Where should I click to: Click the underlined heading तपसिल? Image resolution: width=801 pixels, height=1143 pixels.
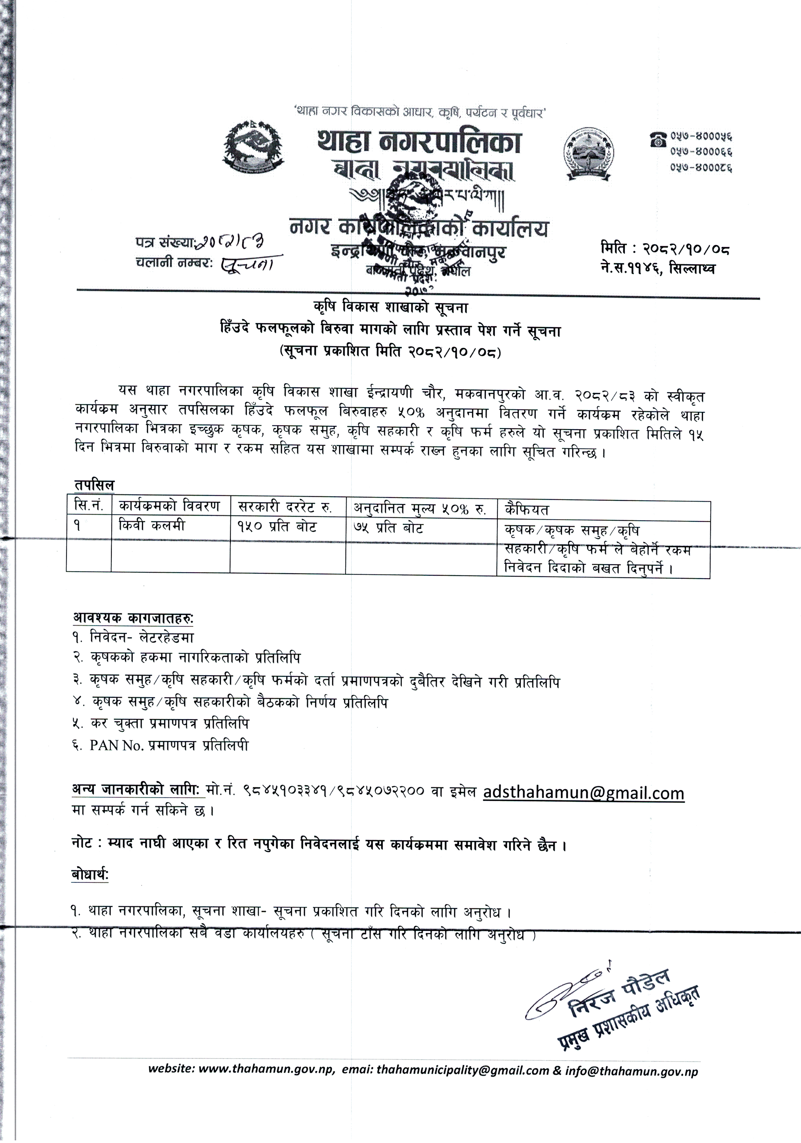click(94, 485)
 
